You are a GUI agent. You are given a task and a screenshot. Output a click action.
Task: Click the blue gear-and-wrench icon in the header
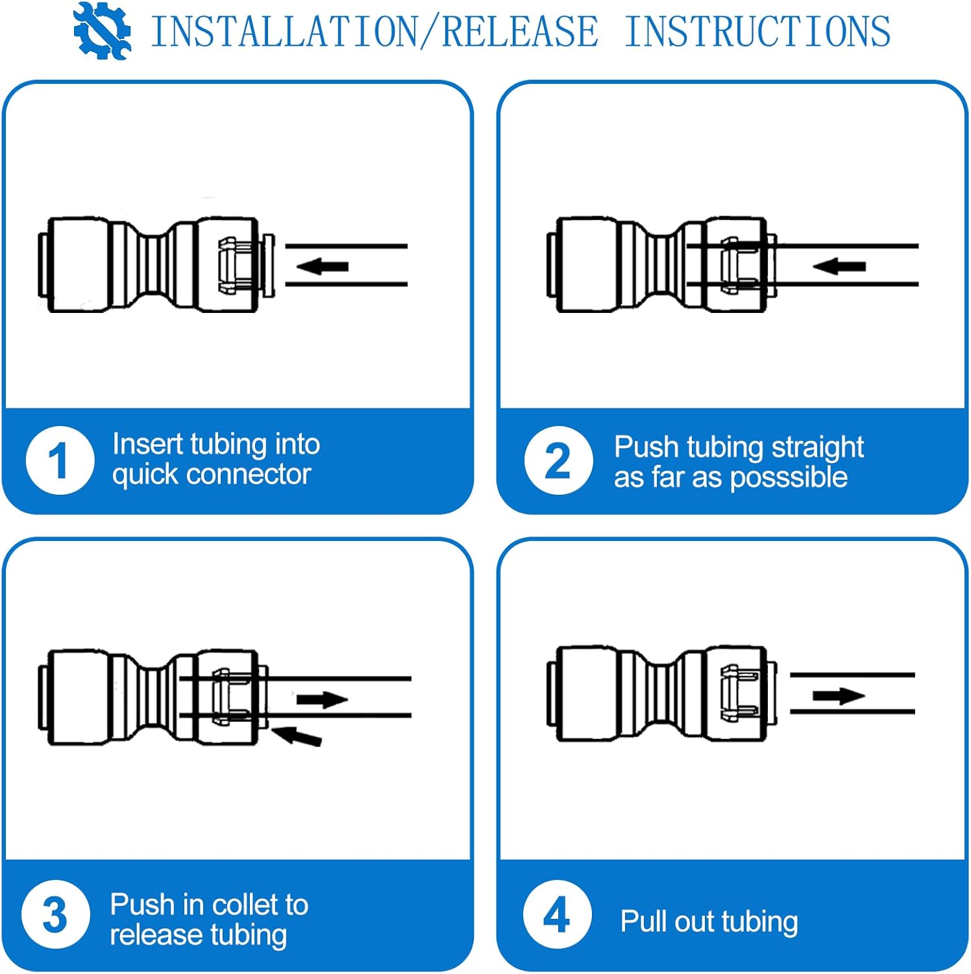tap(102, 31)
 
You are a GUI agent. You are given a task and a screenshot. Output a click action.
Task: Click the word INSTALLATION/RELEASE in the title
tap(375, 31)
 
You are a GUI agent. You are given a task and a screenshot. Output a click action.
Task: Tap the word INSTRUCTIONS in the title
tap(757, 31)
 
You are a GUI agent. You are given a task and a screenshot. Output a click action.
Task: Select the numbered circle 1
tap(60, 460)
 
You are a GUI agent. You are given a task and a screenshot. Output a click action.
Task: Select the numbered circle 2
tap(558, 460)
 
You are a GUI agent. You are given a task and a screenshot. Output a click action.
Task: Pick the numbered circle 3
tap(56, 914)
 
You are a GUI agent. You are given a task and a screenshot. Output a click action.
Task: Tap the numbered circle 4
tap(557, 914)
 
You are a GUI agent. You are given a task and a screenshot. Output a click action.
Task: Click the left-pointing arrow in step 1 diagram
tap(323, 266)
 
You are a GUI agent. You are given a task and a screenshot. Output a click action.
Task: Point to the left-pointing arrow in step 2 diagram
tap(839, 266)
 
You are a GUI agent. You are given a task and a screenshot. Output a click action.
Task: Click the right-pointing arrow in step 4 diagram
tap(839, 695)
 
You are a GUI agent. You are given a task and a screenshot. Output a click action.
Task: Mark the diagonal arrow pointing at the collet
tap(297, 736)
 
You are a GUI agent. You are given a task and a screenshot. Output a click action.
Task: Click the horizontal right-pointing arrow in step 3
tap(323, 699)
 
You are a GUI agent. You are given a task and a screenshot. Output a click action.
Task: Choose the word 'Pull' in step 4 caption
tap(641, 921)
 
